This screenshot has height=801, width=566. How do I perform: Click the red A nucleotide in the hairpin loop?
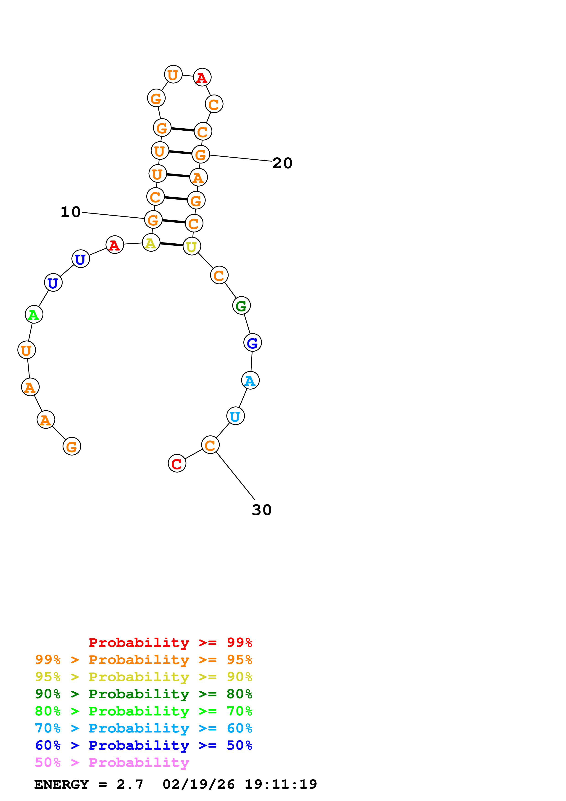[x=202, y=77]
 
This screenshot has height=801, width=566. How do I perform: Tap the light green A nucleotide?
[x=34, y=314]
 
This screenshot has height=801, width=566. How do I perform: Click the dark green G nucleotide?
[x=241, y=306]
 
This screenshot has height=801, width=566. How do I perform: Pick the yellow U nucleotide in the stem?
[x=192, y=246]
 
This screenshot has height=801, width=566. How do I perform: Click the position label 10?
[x=71, y=212]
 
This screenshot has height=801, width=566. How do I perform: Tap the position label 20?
[x=282, y=163]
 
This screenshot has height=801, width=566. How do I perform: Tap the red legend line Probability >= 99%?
[x=170, y=642]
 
